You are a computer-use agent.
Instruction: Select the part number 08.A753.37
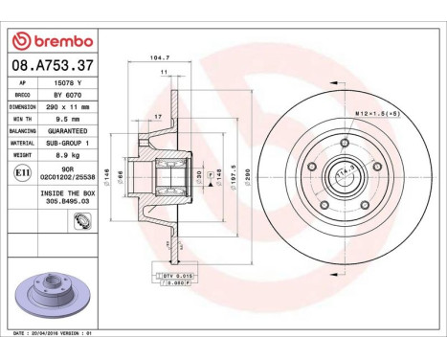[x=50, y=66]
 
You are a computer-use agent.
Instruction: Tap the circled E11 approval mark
[x=22, y=171]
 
